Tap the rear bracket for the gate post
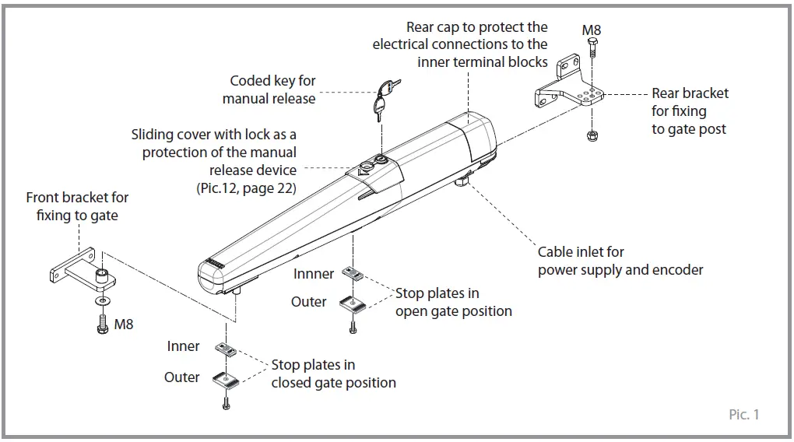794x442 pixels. pyautogui.click(x=567, y=89)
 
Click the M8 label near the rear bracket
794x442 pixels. pyautogui.click(x=592, y=30)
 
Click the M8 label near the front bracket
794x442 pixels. pyautogui.click(x=124, y=324)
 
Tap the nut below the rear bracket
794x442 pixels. pyautogui.click(x=592, y=135)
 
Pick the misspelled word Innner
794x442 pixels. pyautogui.click(x=314, y=274)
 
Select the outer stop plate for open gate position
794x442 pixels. pyautogui.click(x=353, y=304)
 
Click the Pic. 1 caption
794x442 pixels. pyautogui.click(x=744, y=415)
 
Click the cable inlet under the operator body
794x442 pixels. pyautogui.click(x=462, y=182)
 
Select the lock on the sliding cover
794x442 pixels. pyautogui.click(x=381, y=161)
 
